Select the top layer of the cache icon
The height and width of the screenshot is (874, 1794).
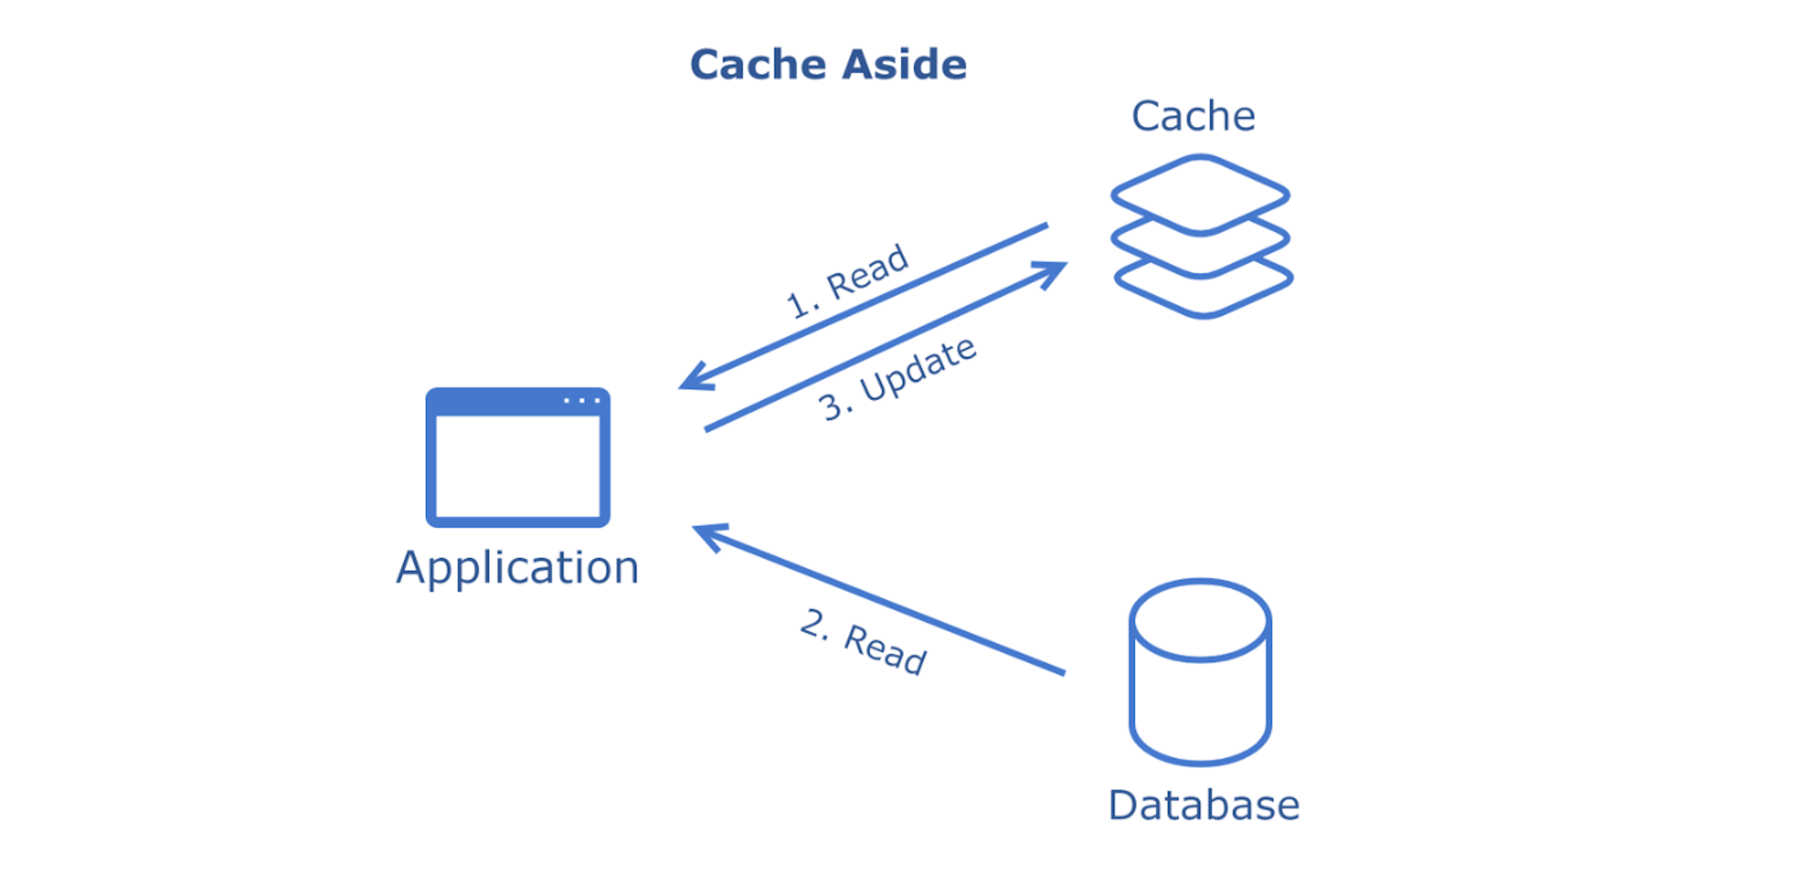point(1199,193)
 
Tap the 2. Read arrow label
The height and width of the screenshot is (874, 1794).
point(863,641)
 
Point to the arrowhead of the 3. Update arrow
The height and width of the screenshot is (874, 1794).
point(1053,271)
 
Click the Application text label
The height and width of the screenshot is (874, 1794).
point(518,568)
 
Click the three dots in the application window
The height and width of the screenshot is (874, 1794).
point(582,400)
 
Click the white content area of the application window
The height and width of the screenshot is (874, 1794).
point(518,466)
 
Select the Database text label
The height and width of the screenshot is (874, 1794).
point(1203,806)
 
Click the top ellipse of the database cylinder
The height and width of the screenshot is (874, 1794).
point(1200,619)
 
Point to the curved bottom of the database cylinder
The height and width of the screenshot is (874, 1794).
point(1200,758)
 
